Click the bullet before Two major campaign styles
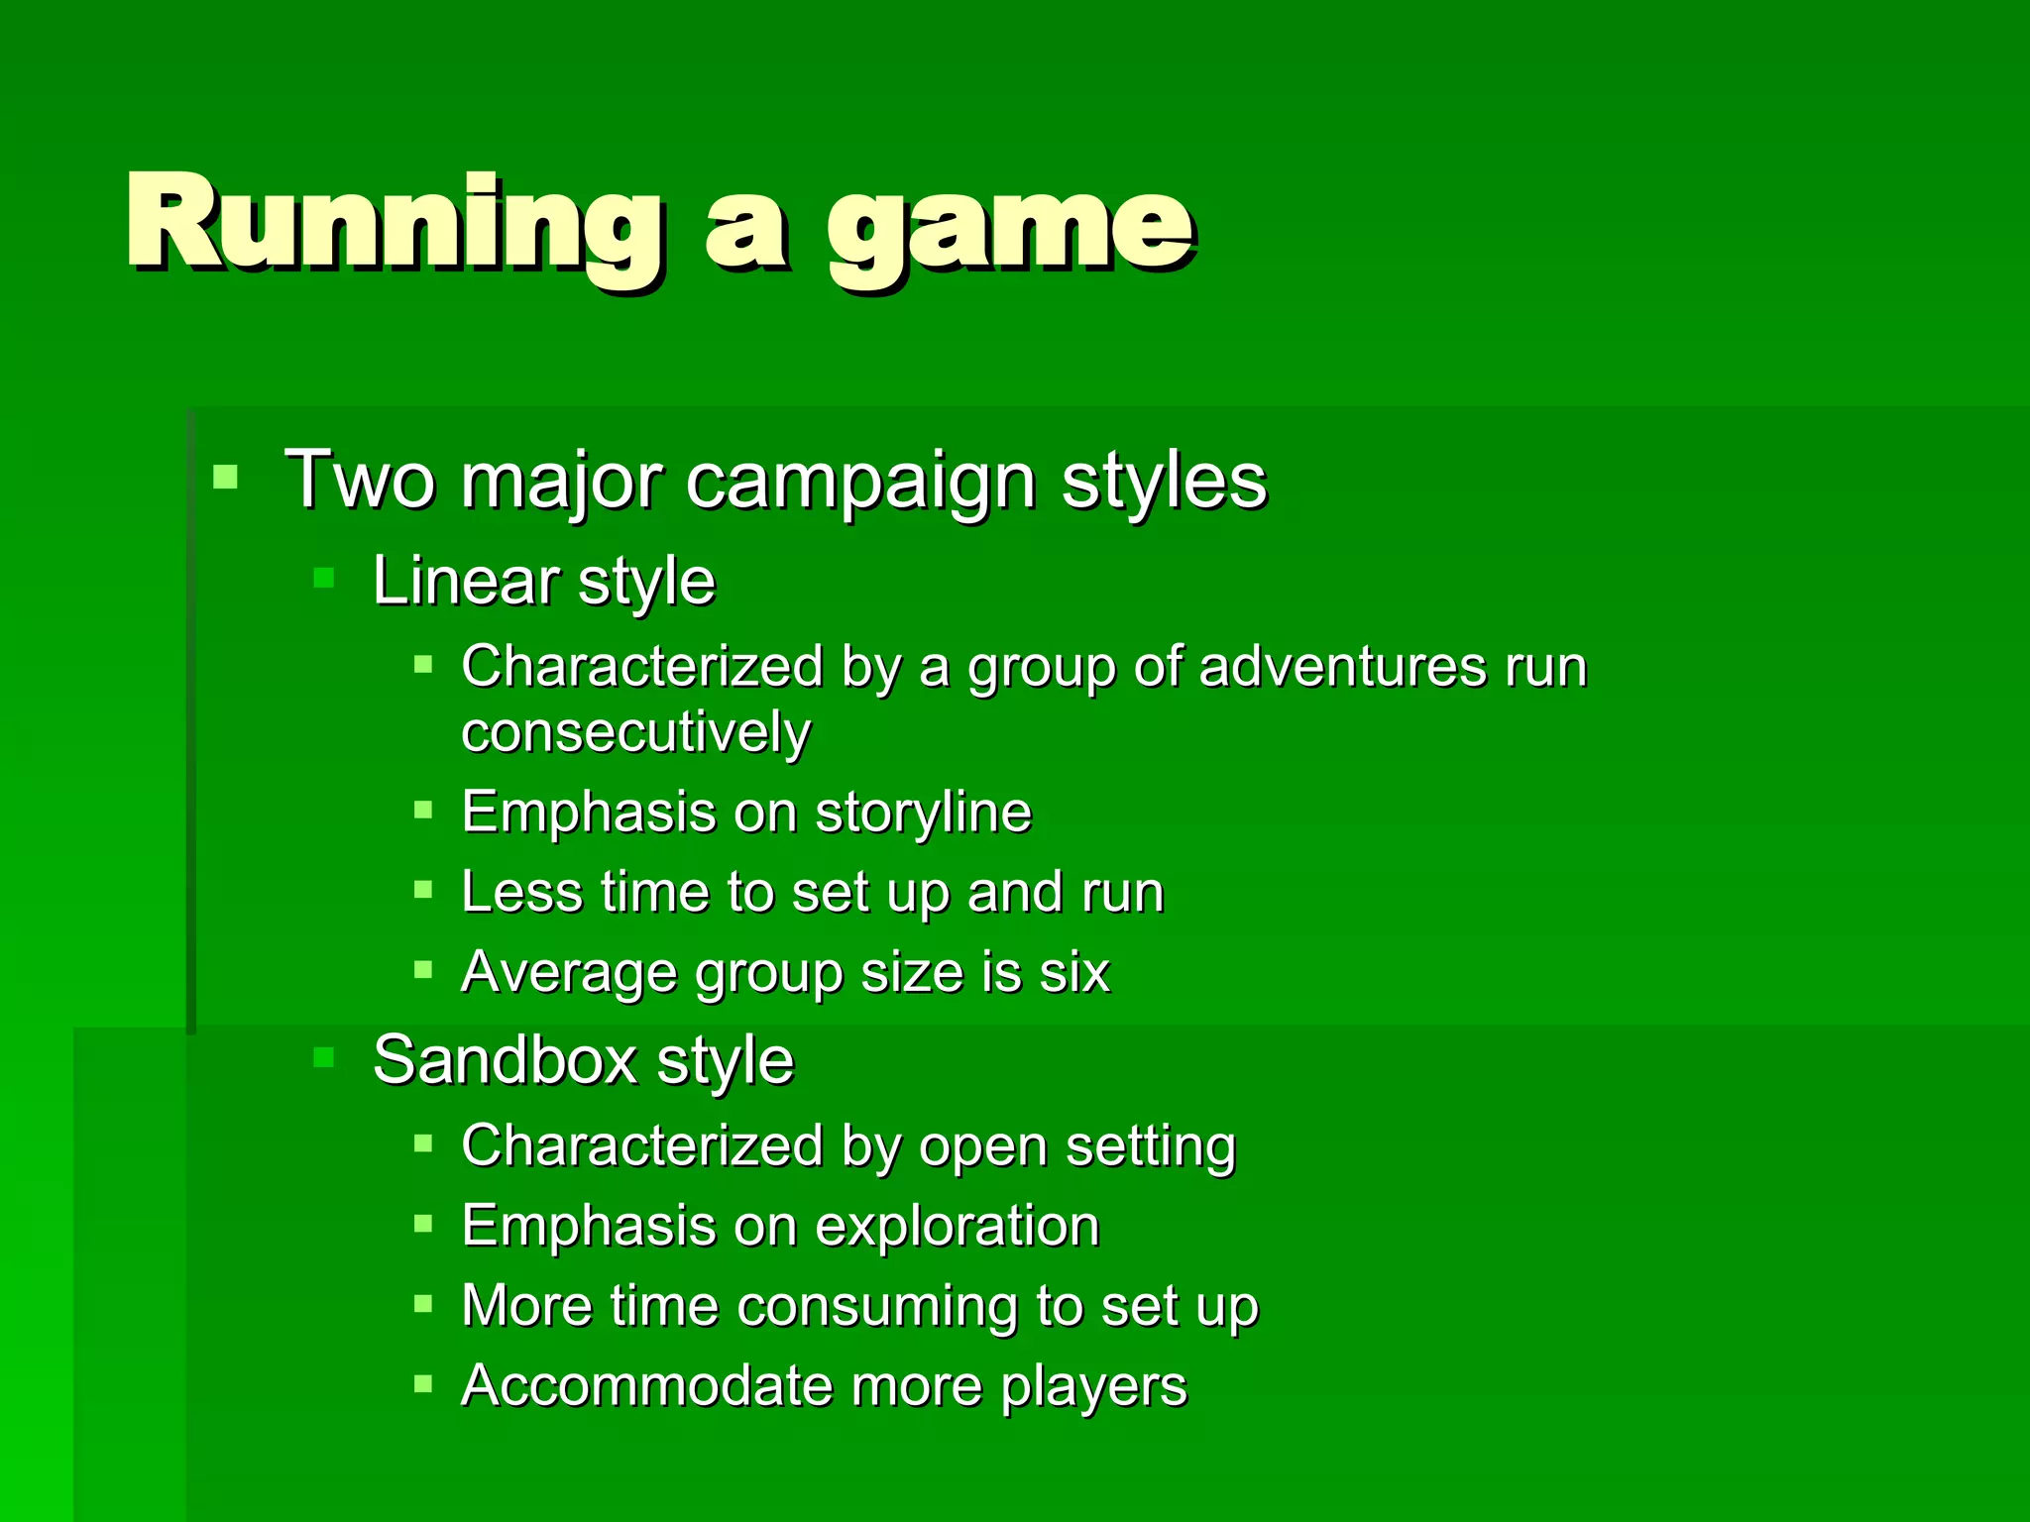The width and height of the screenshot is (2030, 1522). (226, 478)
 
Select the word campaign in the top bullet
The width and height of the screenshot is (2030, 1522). (860, 482)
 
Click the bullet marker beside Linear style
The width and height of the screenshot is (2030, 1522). (324, 578)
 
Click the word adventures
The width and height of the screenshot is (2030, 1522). (1342, 666)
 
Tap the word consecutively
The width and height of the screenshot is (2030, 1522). (635, 733)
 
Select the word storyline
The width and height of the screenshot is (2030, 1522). (923, 814)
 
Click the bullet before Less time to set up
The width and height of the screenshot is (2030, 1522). (423, 890)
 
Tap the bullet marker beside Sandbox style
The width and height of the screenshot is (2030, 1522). (324, 1057)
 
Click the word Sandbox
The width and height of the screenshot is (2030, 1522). (505, 1060)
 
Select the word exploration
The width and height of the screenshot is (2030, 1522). (957, 1227)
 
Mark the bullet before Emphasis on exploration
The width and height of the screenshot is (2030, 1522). (423, 1224)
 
